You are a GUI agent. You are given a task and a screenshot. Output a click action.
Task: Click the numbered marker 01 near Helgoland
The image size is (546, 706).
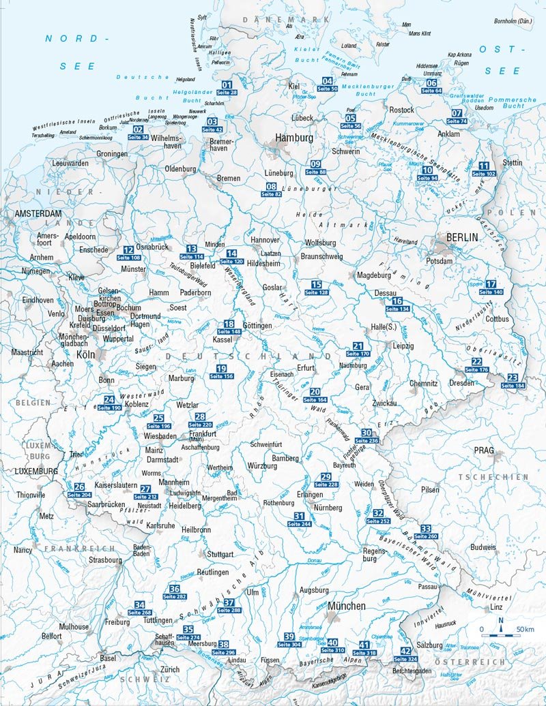pos(227,85)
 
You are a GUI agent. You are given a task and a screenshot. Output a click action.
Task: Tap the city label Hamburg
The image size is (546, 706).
pos(294,138)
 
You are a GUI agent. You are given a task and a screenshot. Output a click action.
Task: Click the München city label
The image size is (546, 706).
pos(347,606)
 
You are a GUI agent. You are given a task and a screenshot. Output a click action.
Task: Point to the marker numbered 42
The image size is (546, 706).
pos(405,651)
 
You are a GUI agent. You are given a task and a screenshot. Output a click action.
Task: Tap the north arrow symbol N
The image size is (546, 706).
pos(501,620)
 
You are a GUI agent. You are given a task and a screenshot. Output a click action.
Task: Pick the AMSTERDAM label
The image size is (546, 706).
pos(34,213)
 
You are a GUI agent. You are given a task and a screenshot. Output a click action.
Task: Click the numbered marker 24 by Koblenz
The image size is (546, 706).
pos(109,399)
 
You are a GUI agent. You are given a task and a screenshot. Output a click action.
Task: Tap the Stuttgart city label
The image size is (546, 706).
pos(220,554)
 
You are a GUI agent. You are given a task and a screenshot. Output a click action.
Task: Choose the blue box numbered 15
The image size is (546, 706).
pos(316,284)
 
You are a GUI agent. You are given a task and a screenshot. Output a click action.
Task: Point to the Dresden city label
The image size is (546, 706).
pos(461,383)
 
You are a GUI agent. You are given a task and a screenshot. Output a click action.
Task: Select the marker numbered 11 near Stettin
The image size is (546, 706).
pos(484,166)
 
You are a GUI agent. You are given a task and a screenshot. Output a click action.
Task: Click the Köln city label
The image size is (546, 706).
pos(86,356)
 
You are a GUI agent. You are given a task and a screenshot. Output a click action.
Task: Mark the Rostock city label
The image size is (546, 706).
pos(401,110)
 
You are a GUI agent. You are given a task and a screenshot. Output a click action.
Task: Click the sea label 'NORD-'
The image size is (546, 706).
pos(78,39)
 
